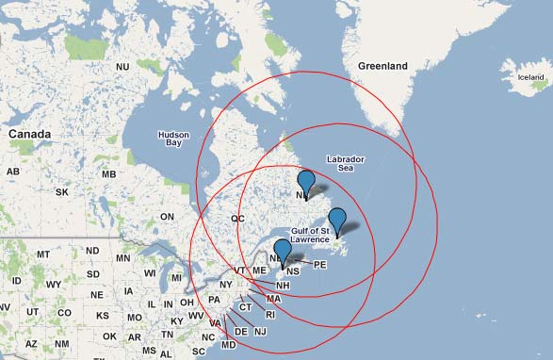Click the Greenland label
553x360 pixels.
pos(382,66)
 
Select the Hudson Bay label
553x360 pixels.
pos(172,138)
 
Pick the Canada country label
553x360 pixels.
pos(28,135)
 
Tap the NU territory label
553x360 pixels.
pos(122,67)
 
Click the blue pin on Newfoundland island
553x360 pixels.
pos(336,222)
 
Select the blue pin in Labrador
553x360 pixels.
pos(305,183)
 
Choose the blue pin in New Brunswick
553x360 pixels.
pos(282,254)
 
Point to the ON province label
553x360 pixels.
pos(168,217)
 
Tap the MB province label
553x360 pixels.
pos(109,174)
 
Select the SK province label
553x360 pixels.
pos(62,192)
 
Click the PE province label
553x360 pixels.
pos(319,266)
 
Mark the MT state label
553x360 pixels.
pos(42,255)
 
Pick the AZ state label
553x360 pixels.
pos(32,344)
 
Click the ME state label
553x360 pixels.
pos(259,271)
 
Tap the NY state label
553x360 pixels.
pos(225,285)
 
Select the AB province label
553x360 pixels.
pos(13,172)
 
